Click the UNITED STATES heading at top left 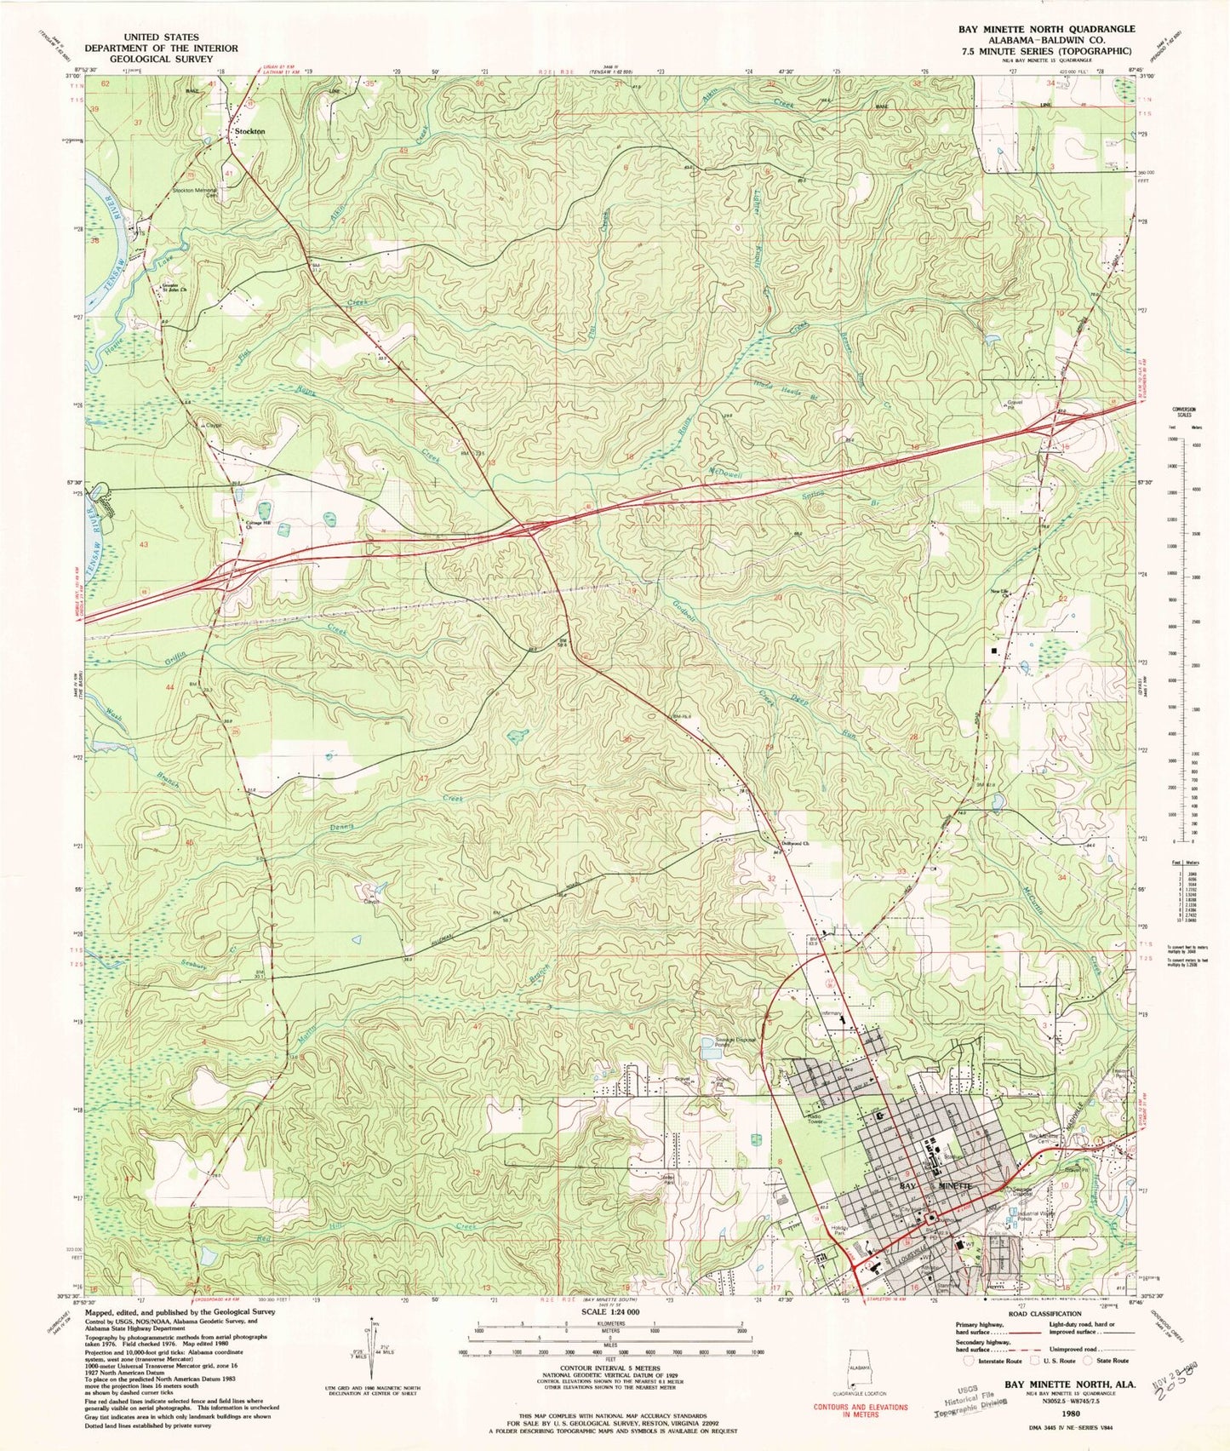pyautogui.click(x=161, y=37)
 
